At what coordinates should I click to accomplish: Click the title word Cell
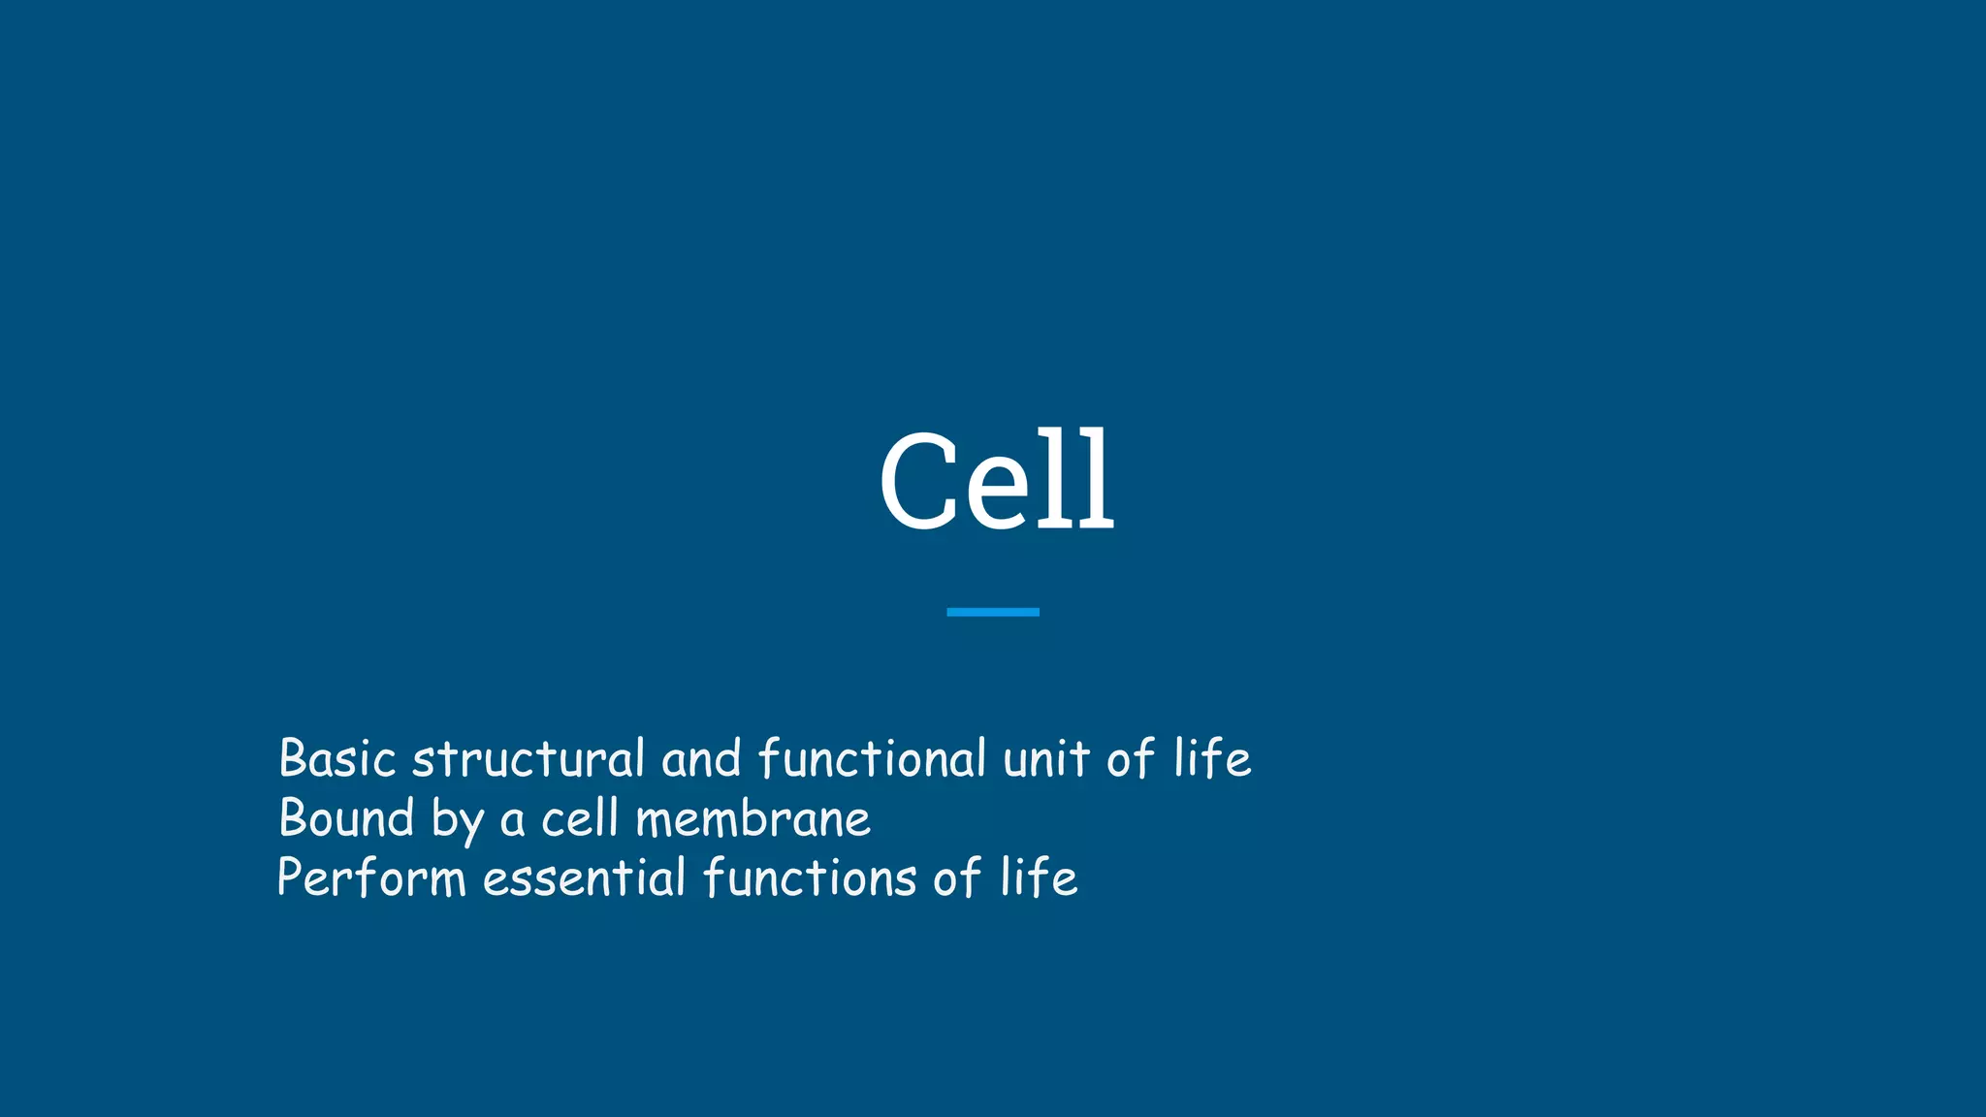tap(996, 482)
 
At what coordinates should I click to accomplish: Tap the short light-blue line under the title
tap(992, 612)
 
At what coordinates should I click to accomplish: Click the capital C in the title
tap(918, 482)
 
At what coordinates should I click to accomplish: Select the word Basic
tap(336, 758)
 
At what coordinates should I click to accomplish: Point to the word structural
tap(529, 758)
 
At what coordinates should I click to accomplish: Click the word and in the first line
tap(701, 758)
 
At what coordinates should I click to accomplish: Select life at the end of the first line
tap(1211, 758)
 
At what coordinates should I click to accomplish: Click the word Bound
tap(346, 818)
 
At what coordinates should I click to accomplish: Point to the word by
tap(457, 820)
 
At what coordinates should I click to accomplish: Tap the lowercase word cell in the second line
tap(579, 818)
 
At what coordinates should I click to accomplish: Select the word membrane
tap(753, 818)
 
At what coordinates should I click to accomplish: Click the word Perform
tap(371, 878)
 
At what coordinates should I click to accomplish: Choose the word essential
tap(584, 878)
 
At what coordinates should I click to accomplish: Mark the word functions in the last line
tap(810, 878)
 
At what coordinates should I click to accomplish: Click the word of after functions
tap(957, 878)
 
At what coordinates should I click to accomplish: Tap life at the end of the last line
tap(1038, 878)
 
